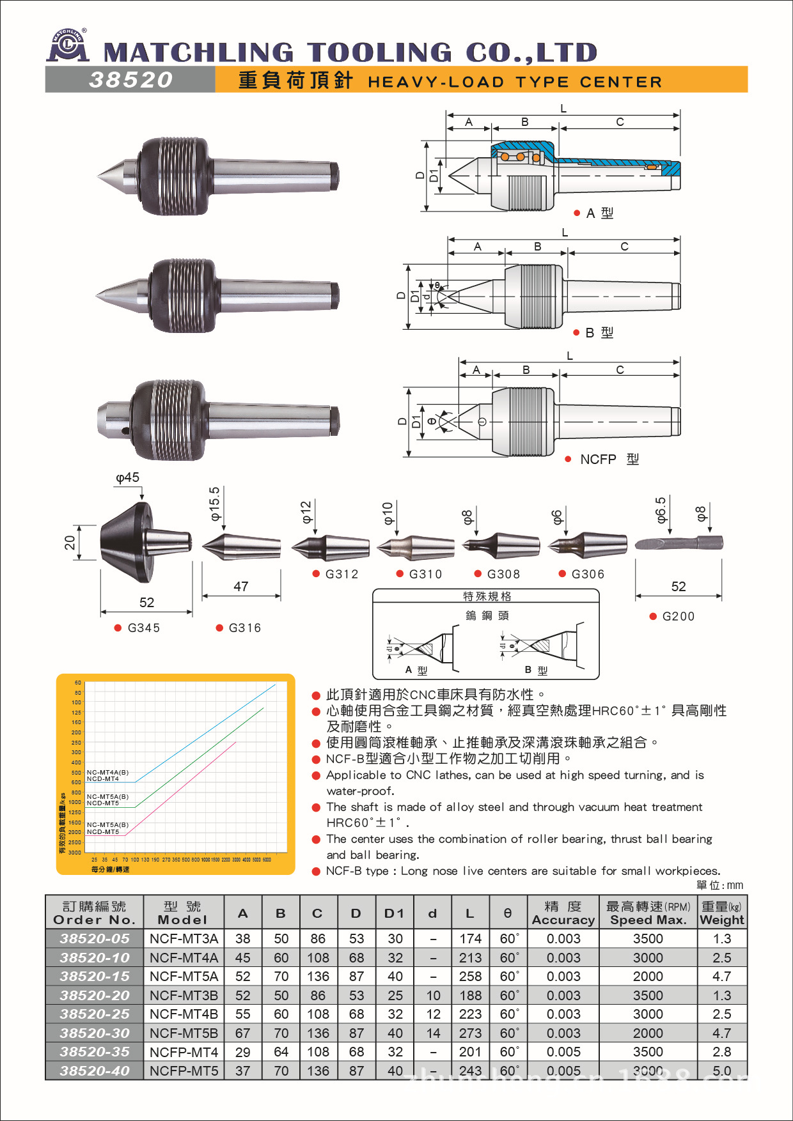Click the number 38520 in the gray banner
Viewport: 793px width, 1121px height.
pyautogui.click(x=131, y=80)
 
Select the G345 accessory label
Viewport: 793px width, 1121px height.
pyautogui.click(x=143, y=628)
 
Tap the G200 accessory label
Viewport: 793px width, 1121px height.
pyautogui.click(x=678, y=617)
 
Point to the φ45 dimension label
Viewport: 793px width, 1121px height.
pyautogui.click(x=127, y=478)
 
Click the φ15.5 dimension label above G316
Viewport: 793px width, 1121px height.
pyautogui.click(x=215, y=504)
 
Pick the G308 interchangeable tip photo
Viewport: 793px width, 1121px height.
pyautogui.click(x=501, y=545)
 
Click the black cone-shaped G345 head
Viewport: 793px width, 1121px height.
pyautogui.click(x=125, y=542)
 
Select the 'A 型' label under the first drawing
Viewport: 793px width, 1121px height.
pyautogui.click(x=599, y=213)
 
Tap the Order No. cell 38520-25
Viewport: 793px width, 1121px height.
pyautogui.click(x=95, y=1014)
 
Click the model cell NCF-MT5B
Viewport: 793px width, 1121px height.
pyautogui.click(x=184, y=1033)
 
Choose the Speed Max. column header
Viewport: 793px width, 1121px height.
pyautogui.click(x=648, y=913)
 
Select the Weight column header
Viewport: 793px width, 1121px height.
pyautogui.click(x=722, y=913)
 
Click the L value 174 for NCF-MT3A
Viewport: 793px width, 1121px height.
pyautogui.click(x=470, y=939)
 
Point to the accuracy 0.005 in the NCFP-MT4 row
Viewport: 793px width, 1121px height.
pyautogui.click(x=563, y=1052)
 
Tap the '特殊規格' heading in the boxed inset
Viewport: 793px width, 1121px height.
pyautogui.click(x=487, y=596)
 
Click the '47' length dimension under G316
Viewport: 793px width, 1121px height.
pyautogui.click(x=241, y=587)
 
